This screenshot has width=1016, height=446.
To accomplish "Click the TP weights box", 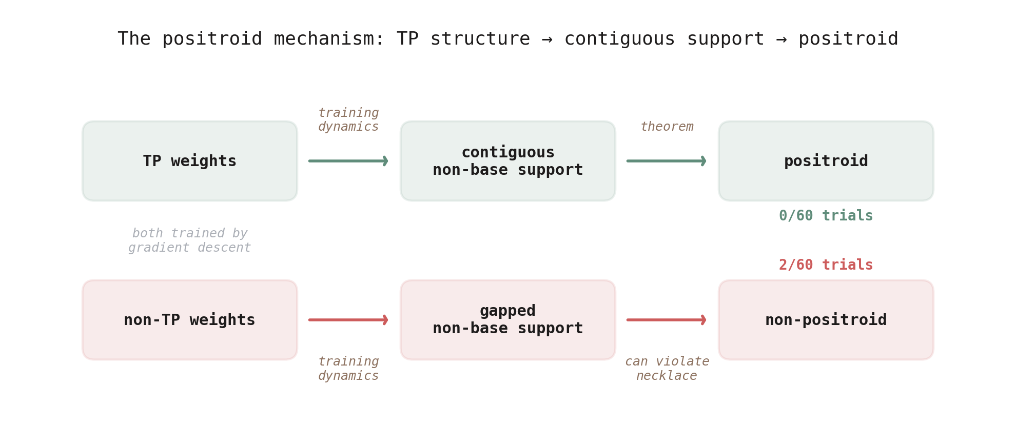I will [x=190, y=161].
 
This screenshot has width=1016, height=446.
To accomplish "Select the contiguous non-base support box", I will [x=508, y=161].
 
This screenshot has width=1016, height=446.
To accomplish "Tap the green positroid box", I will [x=826, y=161].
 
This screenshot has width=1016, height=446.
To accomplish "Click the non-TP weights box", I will [x=190, y=320].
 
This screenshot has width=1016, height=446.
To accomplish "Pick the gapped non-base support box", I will [x=508, y=320].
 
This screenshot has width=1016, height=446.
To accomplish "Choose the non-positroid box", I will [x=826, y=320].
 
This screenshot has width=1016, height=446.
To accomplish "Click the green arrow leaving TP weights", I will [x=348, y=161].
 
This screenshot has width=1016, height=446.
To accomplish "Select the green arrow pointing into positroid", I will [x=666, y=161].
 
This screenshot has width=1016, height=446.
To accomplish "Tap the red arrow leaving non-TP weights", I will [x=348, y=320].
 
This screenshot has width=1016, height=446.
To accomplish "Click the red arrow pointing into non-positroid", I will [x=666, y=320].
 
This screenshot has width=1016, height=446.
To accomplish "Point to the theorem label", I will [x=667, y=127].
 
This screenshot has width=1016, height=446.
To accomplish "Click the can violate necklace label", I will [x=667, y=369].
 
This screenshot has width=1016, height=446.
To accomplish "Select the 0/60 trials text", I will [x=826, y=216].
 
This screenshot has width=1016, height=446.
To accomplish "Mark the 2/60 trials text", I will [x=826, y=265].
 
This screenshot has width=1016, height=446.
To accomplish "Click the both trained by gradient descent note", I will [x=190, y=240].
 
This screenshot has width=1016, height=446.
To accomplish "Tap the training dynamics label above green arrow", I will [x=348, y=119].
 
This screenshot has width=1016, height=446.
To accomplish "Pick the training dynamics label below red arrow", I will [x=348, y=369].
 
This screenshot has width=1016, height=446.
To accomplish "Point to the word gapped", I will [x=507, y=311].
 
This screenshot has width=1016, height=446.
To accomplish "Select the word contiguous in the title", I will [x=620, y=39].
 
